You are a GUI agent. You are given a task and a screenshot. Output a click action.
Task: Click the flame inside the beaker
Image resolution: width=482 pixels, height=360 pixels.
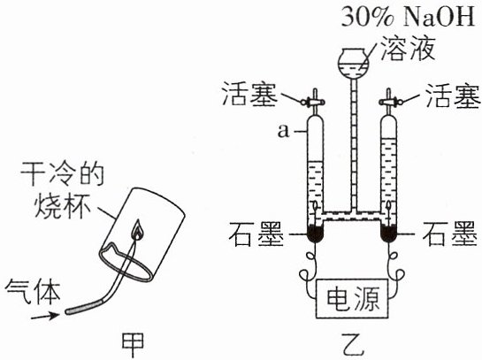coord(137,230)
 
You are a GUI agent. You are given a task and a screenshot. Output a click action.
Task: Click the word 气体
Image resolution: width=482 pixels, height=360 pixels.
coord(33,291)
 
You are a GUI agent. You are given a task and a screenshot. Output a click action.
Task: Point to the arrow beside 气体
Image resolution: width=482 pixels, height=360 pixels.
coord(45,316)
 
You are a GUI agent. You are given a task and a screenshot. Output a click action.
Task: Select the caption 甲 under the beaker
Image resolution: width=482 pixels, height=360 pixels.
coord(133,345)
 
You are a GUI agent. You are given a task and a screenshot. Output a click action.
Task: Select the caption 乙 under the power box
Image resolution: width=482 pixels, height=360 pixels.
coord(353,347)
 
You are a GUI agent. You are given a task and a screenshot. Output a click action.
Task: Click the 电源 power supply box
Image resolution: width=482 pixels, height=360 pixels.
coord(352,298)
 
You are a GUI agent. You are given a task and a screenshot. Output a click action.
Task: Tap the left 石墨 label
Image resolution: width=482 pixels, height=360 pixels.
coord(256,234)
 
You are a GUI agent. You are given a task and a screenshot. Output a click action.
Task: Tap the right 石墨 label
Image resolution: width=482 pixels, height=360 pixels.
coord(450,234)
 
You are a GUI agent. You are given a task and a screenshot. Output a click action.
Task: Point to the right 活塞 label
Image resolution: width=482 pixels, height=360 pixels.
coord(453,96)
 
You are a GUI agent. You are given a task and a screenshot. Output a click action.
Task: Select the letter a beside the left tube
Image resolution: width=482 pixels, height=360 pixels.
coord(283,132)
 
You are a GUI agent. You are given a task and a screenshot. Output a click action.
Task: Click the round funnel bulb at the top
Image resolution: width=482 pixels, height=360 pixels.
coord(354,63)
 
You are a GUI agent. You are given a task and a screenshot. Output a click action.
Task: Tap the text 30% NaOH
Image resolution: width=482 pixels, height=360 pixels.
coord(409,16)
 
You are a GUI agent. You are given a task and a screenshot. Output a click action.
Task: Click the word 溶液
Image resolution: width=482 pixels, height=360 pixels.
coord(408,49)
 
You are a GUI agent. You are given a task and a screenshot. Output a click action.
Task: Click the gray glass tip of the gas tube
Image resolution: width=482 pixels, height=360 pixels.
coord(83,308)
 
